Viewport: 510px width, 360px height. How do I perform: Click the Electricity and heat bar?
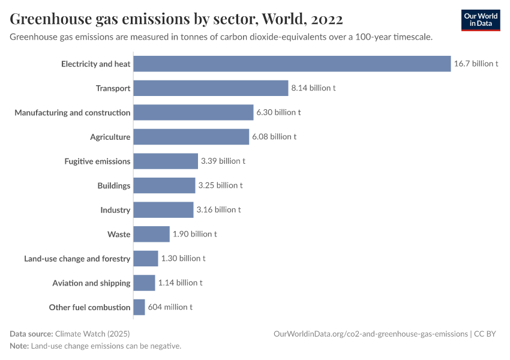pyautogui.click(x=292, y=64)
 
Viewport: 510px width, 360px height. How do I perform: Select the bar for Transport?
pyautogui.click(x=211, y=88)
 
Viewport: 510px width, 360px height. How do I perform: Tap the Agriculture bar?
pyautogui.click(x=191, y=137)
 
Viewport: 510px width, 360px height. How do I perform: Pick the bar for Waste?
pyautogui.click(x=151, y=234)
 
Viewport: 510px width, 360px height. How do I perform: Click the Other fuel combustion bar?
pyautogui.click(x=139, y=307)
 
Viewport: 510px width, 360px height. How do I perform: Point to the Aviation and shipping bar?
pyautogui.click(x=144, y=283)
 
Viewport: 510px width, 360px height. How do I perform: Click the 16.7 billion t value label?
pyautogui.click(x=476, y=64)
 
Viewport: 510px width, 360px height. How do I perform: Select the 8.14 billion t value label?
pyautogui.click(x=313, y=88)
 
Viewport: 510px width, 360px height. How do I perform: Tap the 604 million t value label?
pyautogui.click(x=170, y=307)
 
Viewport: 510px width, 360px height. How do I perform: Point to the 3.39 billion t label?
pyautogui.click(x=223, y=161)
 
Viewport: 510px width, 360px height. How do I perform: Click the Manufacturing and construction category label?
pyautogui.click(x=73, y=113)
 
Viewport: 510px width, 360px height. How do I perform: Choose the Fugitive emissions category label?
pyautogui.click(x=97, y=161)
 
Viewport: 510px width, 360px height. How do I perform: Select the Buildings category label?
pyautogui.click(x=114, y=185)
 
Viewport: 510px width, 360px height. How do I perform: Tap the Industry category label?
pyautogui.click(x=115, y=210)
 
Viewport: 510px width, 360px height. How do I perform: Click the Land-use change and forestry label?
pyautogui.click(x=77, y=259)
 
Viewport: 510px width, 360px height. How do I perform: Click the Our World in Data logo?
pyautogui.click(x=481, y=20)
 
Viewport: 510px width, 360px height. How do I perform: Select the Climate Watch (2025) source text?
pyautogui.click(x=92, y=334)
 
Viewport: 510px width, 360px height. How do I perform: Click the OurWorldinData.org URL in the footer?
pyautogui.click(x=370, y=334)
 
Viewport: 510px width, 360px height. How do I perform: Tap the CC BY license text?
pyautogui.click(x=487, y=334)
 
